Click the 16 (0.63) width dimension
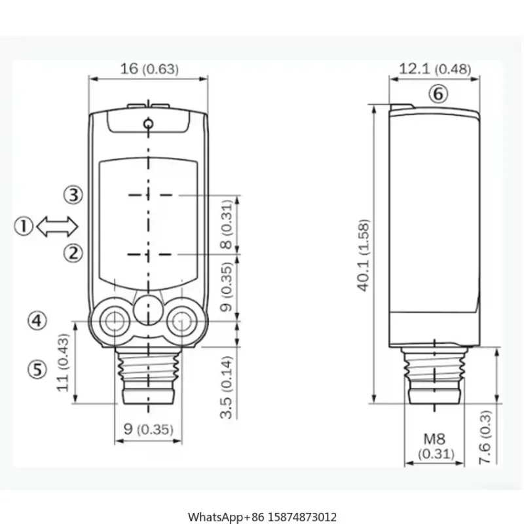pos(149,68)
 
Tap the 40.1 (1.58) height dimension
pos(364,255)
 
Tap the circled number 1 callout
pos(24,227)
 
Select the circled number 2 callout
pos(73,252)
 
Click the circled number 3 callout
pos(73,195)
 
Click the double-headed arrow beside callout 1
pos(58,227)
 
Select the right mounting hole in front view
pos(180,321)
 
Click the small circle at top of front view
pos(149,123)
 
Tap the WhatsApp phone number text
pos(262,499)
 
